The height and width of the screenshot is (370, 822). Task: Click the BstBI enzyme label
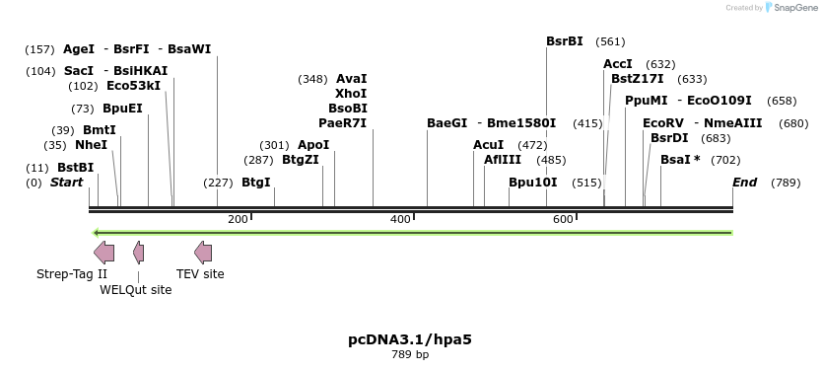coord(75,168)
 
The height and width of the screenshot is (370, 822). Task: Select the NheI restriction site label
coord(91,145)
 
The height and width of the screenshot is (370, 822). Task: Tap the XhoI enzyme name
coord(351,93)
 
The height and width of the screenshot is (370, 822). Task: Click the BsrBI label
coord(565,41)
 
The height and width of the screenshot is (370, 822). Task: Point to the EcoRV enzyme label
coord(662,123)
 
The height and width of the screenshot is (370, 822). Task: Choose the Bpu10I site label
coord(532,183)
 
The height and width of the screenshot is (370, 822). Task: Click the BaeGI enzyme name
coord(446,123)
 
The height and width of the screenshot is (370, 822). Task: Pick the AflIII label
coord(503,160)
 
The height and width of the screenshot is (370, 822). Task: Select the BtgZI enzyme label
coord(301,160)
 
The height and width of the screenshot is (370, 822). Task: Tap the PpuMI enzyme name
coord(646,101)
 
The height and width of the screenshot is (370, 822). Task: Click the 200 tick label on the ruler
coord(238,219)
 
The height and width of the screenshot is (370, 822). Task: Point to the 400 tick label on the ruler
coord(400,219)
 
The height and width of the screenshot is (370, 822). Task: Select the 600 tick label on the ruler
coord(563,219)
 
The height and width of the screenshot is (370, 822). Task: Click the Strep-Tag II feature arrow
coord(103,253)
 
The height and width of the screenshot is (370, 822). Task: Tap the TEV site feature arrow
coord(203,253)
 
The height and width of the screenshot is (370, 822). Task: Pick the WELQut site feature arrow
coord(139,253)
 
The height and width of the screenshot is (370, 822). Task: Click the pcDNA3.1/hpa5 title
coord(410,339)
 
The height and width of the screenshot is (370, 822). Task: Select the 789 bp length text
coord(410,354)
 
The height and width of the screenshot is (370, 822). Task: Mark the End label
coord(744,183)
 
